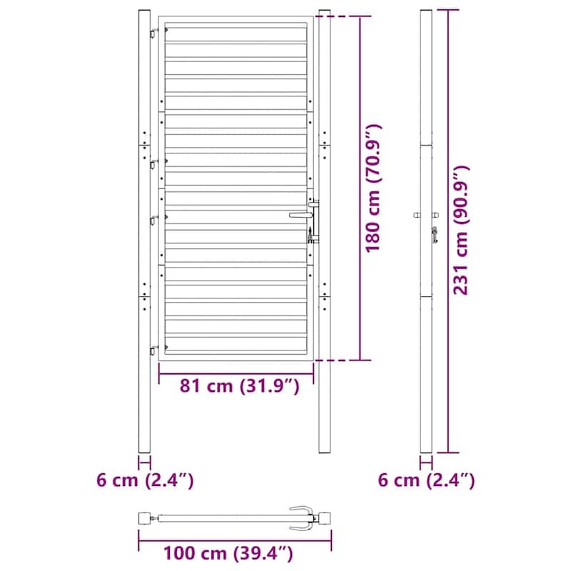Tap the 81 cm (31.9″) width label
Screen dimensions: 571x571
[x=237, y=386]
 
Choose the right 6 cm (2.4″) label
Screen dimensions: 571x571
[x=426, y=480]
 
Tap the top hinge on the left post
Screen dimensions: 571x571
[x=153, y=33]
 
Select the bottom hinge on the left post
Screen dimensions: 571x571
[x=153, y=350]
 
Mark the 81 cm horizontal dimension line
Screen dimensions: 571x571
[x=236, y=372]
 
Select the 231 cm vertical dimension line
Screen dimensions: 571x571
[x=448, y=231]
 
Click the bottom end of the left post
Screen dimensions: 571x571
[x=144, y=450]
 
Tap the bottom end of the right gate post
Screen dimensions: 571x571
[x=325, y=450]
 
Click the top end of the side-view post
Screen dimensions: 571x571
[x=426, y=13]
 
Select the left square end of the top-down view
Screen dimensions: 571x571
[x=145, y=517]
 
